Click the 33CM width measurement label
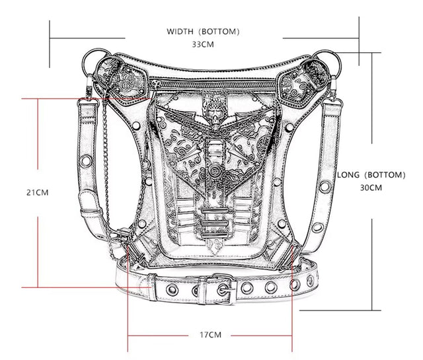click(203, 44)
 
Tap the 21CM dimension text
click(38, 192)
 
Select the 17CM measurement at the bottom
click(210, 335)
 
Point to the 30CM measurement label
click(371, 188)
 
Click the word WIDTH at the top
click(180, 32)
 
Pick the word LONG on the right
click(348, 175)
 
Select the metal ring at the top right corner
click(327, 63)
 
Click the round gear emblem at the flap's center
click(214, 170)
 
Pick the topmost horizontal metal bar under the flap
click(215, 211)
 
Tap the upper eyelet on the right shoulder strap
click(325, 187)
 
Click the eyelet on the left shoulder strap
click(85, 160)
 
